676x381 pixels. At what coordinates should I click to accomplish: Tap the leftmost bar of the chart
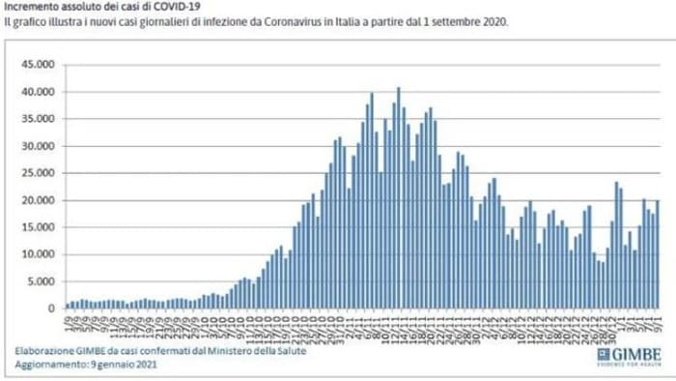[65, 306]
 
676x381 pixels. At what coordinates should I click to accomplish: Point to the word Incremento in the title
[29, 6]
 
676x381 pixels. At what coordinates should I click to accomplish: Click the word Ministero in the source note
[220, 350]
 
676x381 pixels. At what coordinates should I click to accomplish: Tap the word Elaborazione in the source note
[44, 350]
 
